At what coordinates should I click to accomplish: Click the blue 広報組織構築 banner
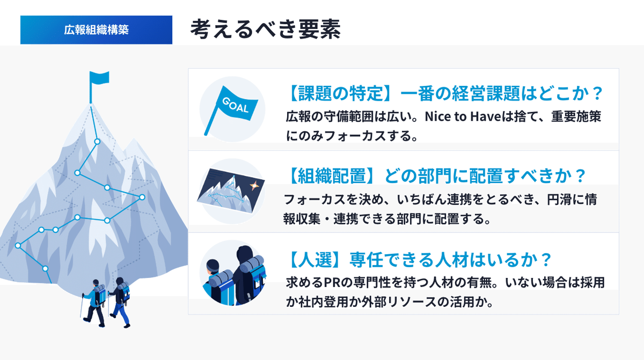coord(96,30)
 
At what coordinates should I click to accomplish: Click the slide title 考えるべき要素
coord(265,30)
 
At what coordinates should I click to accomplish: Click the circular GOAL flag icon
coord(232,110)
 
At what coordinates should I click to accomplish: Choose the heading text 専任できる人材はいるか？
coord(451,260)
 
